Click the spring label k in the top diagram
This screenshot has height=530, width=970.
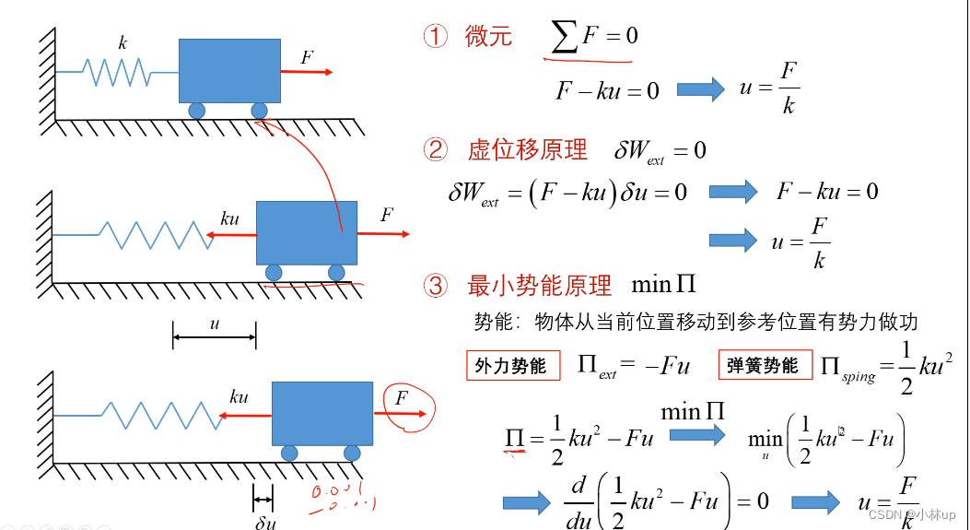(123, 43)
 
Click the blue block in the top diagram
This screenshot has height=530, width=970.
(229, 70)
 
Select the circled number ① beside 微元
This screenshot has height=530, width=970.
(435, 37)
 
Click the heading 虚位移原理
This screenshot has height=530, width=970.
(528, 149)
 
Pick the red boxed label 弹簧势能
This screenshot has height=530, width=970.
(764, 365)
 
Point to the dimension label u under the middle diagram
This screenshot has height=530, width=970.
(215, 324)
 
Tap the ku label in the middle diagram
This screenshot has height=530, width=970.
(230, 219)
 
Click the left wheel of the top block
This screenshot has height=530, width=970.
(198, 111)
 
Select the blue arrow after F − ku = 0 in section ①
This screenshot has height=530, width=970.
(701, 89)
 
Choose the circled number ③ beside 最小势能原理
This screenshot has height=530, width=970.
(435, 286)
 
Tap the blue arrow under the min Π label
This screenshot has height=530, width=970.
(696, 435)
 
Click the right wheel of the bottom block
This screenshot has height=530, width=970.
(351, 453)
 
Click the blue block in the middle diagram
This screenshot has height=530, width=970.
(306, 233)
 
